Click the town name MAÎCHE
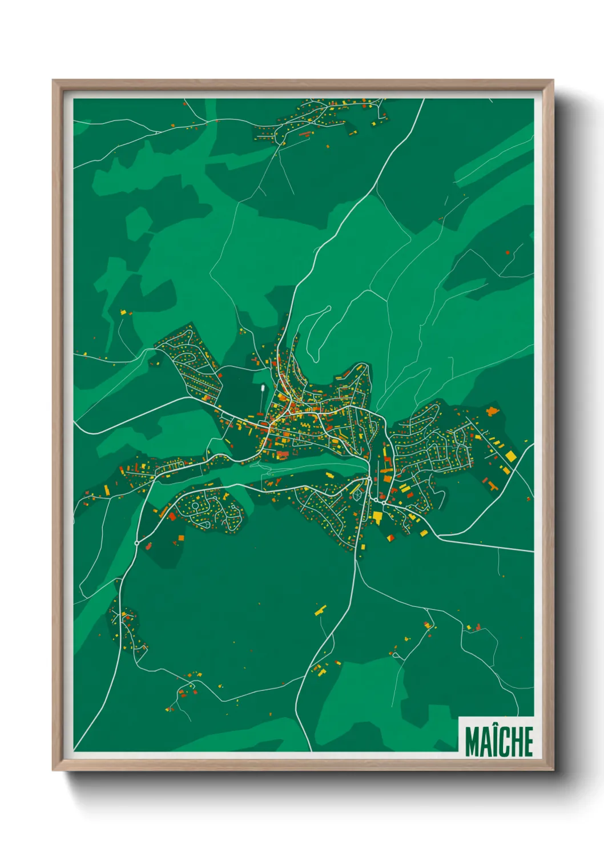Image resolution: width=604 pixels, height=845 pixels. (498, 741)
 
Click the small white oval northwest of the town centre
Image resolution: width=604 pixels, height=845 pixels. (262, 390)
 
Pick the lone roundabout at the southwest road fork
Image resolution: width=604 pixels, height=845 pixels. (137, 542)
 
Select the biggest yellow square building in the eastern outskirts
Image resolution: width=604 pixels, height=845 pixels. (510, 456)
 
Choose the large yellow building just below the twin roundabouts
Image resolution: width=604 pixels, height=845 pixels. (377, 517)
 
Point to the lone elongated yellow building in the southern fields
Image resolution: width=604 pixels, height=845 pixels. (320, 610)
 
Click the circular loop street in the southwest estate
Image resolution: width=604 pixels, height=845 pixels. (195, 506)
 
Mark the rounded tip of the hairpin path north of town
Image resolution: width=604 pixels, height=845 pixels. (328, 309)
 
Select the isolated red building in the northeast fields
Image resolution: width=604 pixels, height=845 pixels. (508, 252)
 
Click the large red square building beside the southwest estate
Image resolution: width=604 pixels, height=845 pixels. (172, 516)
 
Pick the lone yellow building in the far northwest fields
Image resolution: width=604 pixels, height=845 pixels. (122, 312)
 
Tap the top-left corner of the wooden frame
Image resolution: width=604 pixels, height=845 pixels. (53, 81)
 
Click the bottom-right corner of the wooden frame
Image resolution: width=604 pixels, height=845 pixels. (553, 770)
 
